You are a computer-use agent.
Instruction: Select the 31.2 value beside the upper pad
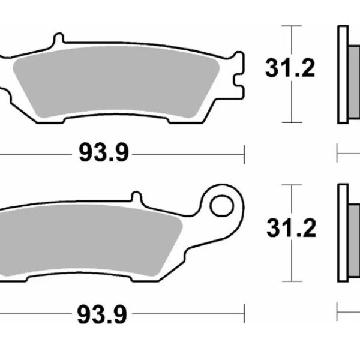[x=290, y=70]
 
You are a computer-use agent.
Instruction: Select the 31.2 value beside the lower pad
[x=290, y=229]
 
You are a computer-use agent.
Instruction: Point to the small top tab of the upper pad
[x=58, y=40]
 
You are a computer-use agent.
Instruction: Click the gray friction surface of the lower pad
[x=90, y=237]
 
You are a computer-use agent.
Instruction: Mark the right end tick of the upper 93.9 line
[x=244, y=154]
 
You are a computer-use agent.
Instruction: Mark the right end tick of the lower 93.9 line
[x=244, y=313]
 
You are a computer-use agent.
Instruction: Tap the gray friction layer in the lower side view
[x=354, y=234]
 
